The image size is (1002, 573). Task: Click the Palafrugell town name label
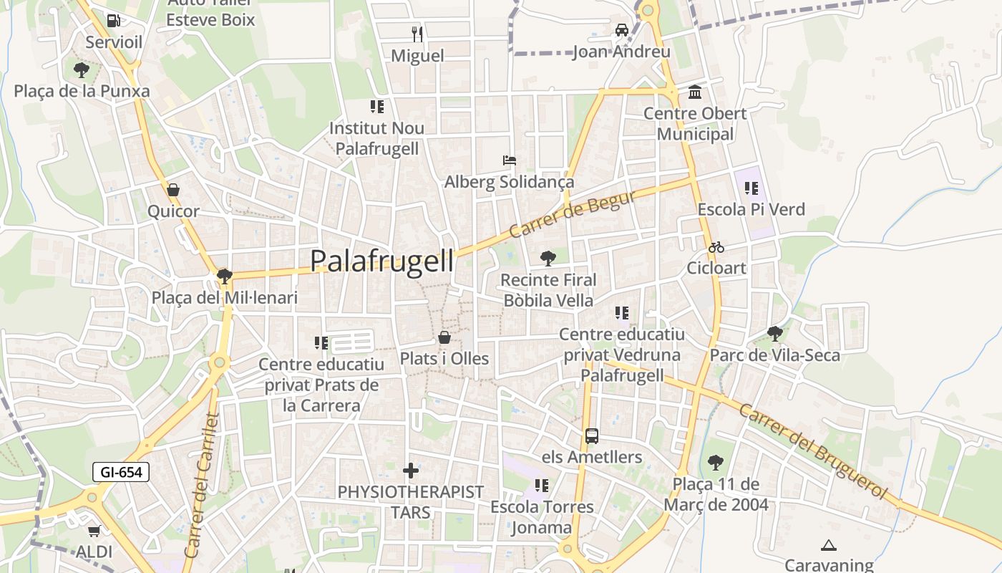pos(382,261)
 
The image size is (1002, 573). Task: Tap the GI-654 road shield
pos(121,472)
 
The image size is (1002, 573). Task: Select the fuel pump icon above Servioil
pos(113,20)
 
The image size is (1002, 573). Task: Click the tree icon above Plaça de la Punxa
pos(82,69)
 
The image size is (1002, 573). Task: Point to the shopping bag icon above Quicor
pos(172,190)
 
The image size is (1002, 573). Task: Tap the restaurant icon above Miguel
pos(417,34)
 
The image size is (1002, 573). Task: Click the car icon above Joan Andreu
pos(622,30)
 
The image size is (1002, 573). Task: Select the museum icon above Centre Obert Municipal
pos(694,92)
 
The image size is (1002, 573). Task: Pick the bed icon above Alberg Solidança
pos(510,160)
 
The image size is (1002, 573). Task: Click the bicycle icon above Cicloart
pos(716,247)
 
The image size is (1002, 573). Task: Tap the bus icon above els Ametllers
pos(592,435)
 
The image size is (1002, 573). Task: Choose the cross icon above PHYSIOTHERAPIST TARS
pos(411,471)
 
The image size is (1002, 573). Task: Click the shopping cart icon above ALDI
pos(94,531)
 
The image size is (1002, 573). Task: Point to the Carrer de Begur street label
pos(573,214)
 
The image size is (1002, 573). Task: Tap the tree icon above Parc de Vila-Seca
pos(774,333)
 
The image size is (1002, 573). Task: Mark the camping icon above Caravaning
pos(829,545)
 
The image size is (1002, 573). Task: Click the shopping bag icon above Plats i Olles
pos(444,337)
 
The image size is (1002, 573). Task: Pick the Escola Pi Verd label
pos(751,210)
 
